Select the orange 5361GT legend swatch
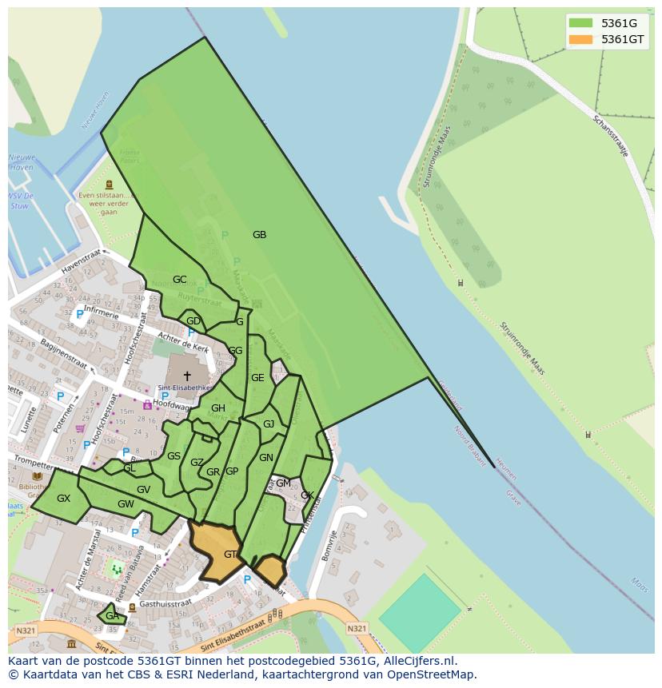tap(581, 39)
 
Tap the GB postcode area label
tap(259, 235)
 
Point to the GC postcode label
tap(179, 280)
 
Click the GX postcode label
tap(63, 499)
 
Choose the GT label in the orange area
tap(230, 555)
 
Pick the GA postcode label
tap(112, 616)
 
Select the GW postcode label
tap(126, 504)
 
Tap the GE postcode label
tap(257, 378)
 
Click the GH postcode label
tap(218, 408)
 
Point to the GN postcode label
tap(266, 458)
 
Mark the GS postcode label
tap(173, 456)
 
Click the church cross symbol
tap(187, 376)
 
